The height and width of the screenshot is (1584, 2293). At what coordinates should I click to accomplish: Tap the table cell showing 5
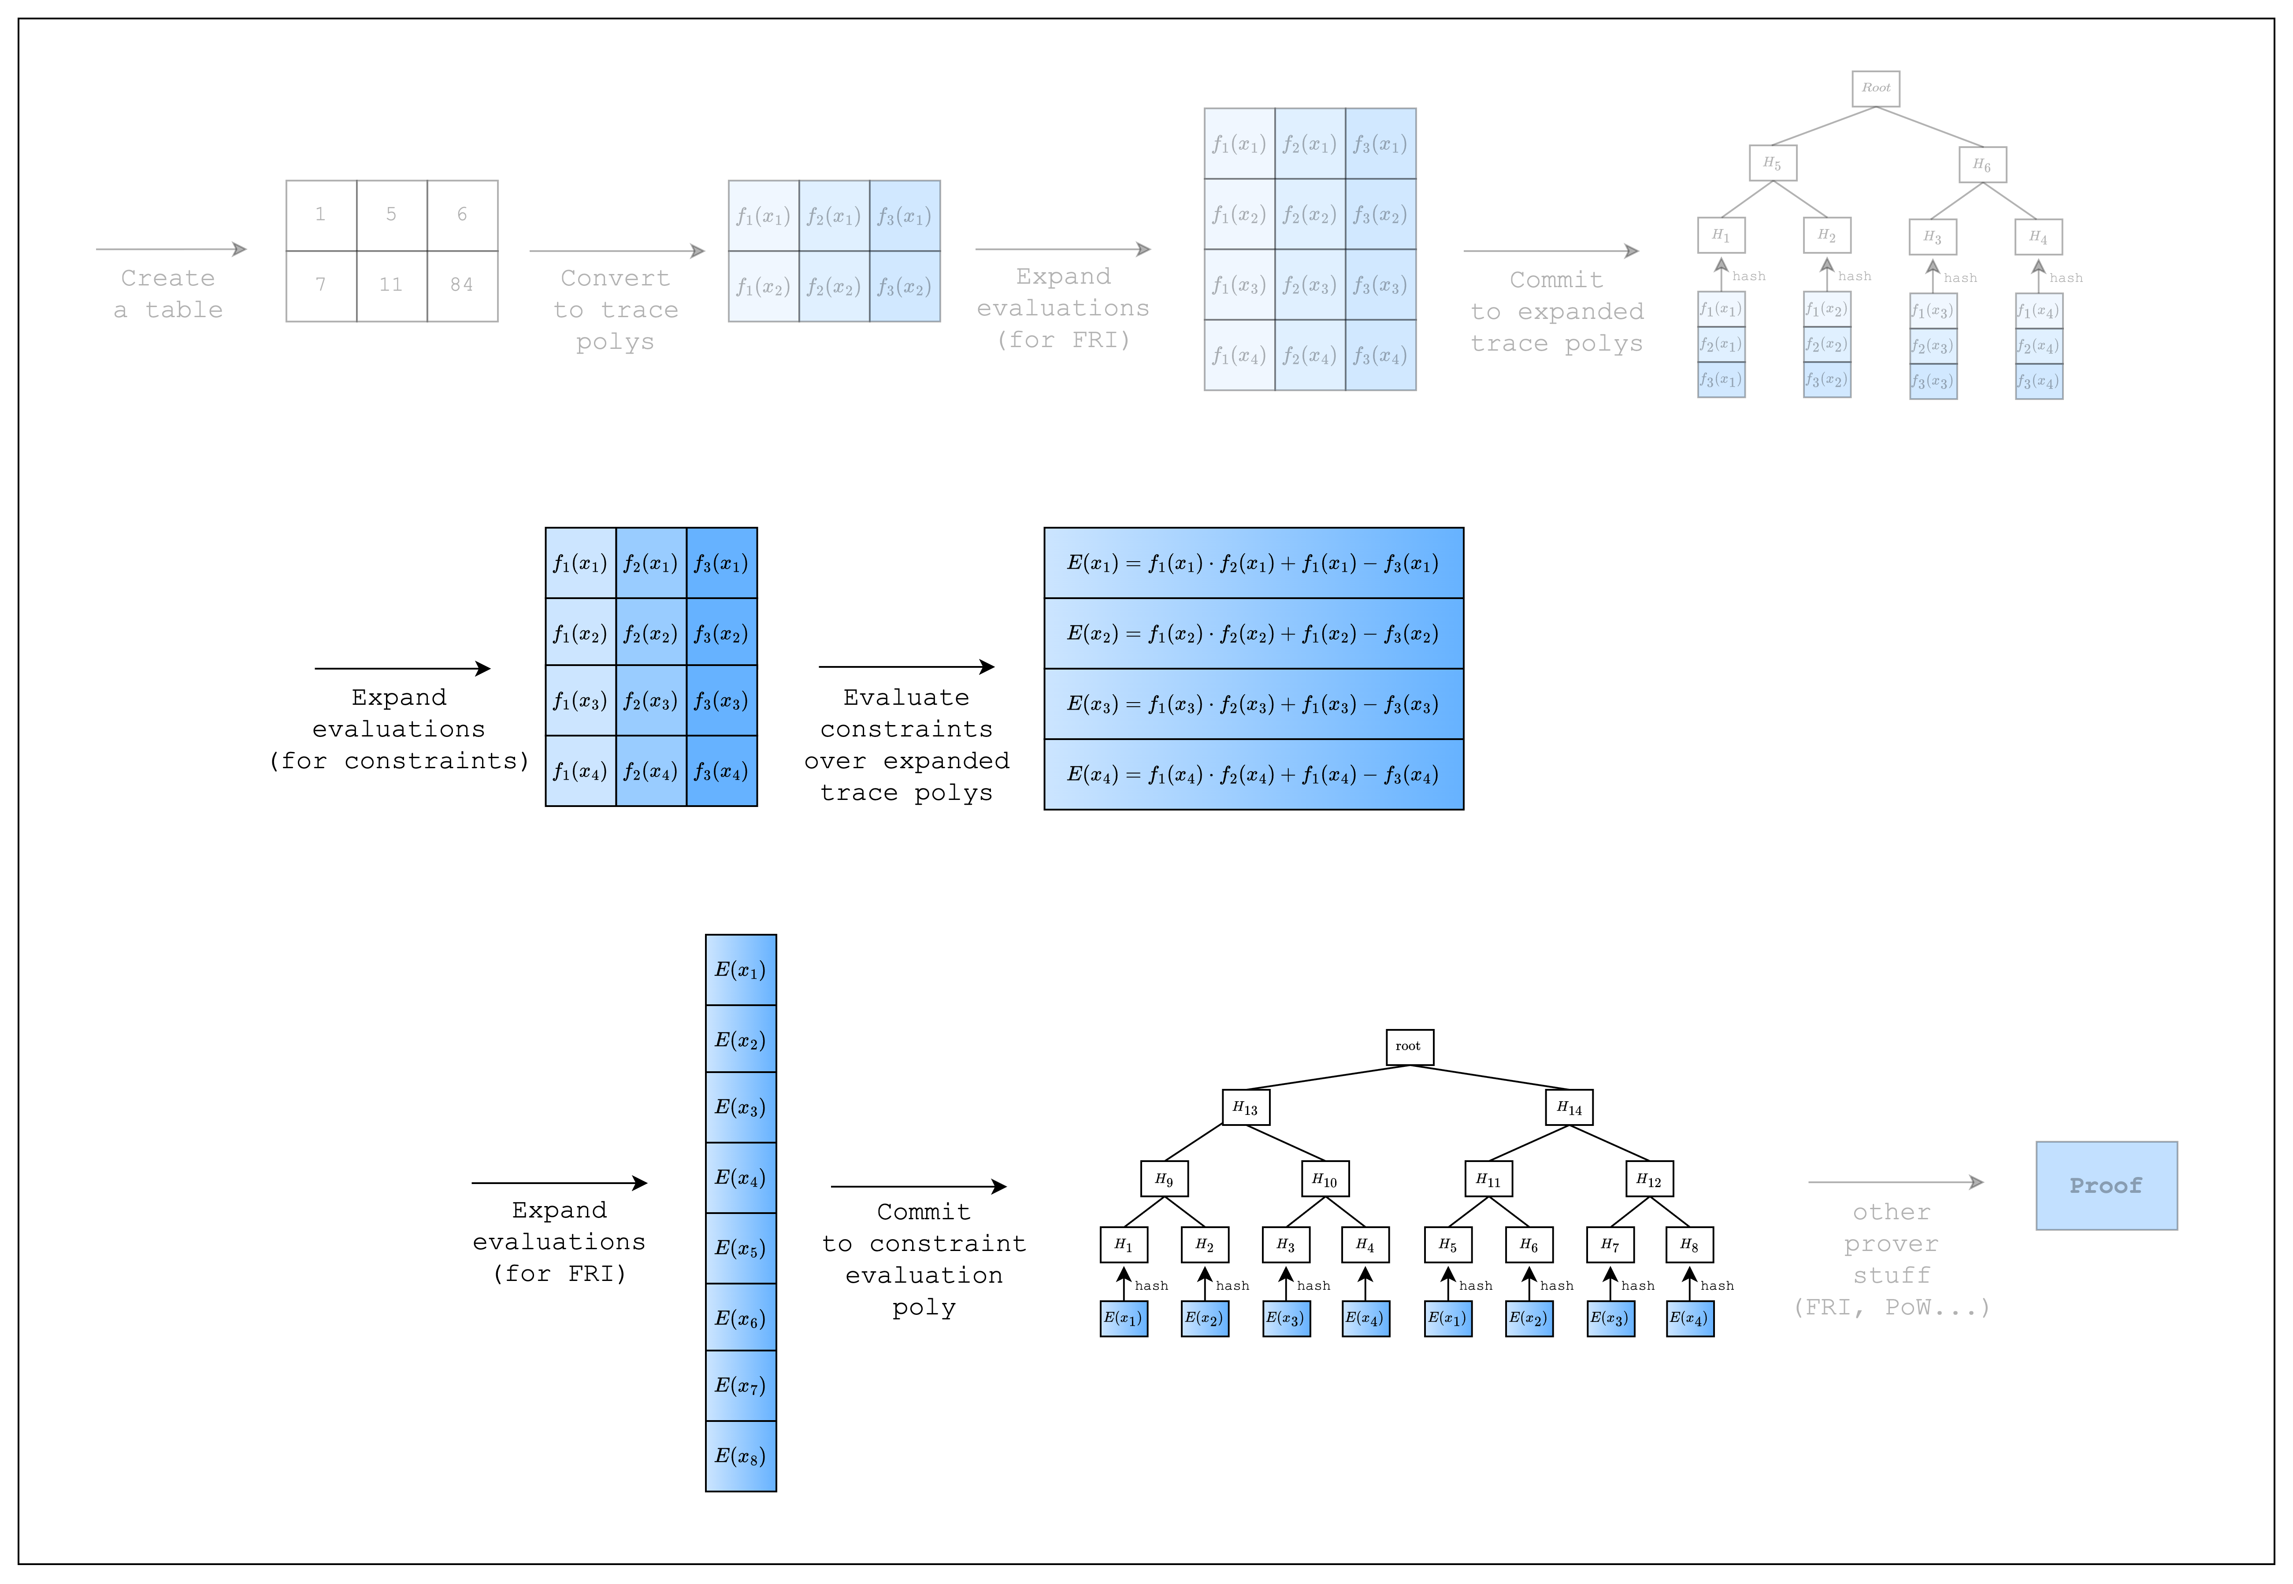point(391,215)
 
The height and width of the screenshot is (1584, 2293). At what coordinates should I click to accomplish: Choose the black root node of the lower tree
point(1409,1046)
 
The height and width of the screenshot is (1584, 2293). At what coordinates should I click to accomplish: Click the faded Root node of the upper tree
point(1875,89)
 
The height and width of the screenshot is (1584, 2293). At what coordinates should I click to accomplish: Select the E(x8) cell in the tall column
point(741,1456)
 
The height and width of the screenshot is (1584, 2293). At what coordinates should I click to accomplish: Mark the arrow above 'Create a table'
point(171,249)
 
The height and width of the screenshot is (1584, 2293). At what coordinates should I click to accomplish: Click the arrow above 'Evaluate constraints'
point(906,667)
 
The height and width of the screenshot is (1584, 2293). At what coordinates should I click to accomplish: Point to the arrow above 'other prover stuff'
point(1895,1182)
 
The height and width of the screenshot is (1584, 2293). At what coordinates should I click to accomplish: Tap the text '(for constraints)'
point(399,761)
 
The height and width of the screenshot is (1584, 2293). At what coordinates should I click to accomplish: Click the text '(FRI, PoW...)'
point(1891,1307)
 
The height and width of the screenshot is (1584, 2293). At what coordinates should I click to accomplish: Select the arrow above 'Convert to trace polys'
point(616,251)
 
